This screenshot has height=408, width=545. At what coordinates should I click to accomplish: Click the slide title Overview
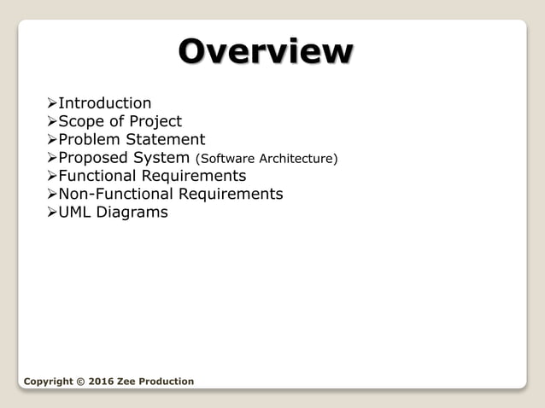(265, 51)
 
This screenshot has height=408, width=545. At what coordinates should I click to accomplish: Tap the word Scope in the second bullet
(81, 121)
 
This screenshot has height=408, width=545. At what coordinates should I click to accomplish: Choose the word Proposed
(93, 158)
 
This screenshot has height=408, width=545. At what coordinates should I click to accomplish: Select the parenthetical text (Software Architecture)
(267, 159)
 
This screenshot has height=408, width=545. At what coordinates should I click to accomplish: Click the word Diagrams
(132, 212)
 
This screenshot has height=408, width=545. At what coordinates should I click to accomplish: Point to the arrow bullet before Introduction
(51, 104)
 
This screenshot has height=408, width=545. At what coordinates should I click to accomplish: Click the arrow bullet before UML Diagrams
(51, 213)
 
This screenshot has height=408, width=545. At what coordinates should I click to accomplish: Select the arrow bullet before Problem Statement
(51, 140)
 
